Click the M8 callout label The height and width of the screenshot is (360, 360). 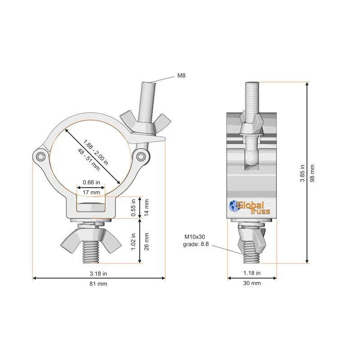click(181, 75)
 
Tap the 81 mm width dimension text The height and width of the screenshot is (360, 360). click(98, 284)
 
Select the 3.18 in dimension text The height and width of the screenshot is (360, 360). click(98, 274)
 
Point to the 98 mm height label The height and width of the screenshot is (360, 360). click(312, 173)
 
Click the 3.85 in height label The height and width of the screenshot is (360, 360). click(302, 173)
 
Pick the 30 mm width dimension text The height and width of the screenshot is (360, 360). click(252, 283)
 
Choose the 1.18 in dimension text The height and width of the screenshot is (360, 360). click(252, 273)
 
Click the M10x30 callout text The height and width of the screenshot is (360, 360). click(195, 237)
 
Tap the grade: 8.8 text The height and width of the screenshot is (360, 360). click(196, 244)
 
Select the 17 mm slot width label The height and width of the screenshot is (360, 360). click(91, 193)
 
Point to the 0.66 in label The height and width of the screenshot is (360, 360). click(91, 182)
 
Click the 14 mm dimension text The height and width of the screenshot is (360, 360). click(147, 207)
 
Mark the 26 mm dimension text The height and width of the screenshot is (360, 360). click(147, 241)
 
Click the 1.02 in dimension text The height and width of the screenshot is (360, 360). click(133, 242)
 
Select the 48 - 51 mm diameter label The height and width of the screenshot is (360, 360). click(89, 160)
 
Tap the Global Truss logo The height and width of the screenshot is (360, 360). click(250, 207)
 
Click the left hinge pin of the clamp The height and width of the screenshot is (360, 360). click(41, 157)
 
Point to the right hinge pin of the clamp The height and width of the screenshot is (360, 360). click(140, 156)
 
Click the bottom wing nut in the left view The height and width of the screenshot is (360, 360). click(91, 240)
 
